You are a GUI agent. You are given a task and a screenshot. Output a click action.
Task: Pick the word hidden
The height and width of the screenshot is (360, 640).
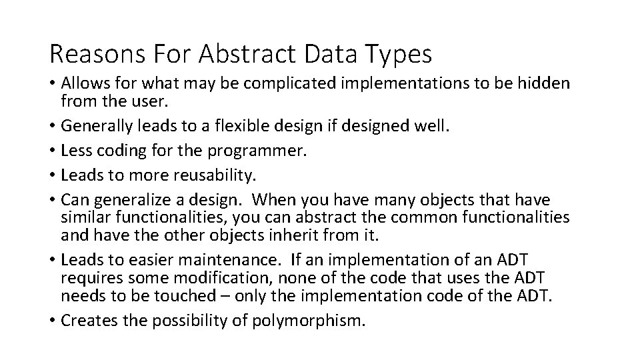543,83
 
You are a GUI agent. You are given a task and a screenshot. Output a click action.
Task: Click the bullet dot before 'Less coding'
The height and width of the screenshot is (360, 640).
52,152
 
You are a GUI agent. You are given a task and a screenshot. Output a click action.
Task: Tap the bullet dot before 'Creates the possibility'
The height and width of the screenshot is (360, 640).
52,321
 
